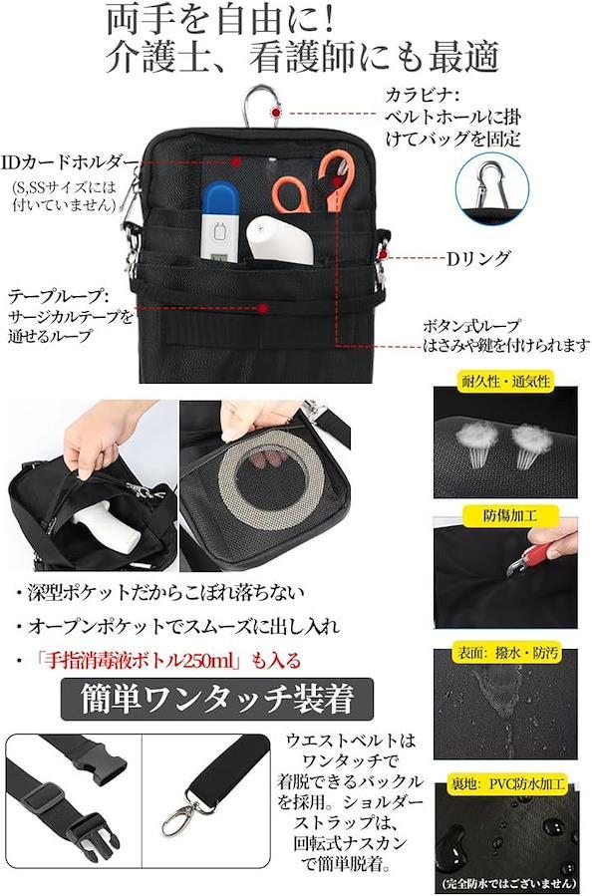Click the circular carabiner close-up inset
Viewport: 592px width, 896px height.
click(492, 187)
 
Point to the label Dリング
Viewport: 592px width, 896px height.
click(477, 259)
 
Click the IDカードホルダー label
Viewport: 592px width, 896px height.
click(70, 162)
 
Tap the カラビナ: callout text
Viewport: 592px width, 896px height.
click(422, 95)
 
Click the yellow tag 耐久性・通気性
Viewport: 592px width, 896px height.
click(505, 381)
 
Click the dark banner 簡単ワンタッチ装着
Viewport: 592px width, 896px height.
click(217, 699)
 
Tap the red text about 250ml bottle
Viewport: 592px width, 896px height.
click(166, 661)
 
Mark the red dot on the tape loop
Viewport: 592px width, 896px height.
click(263, 309)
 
